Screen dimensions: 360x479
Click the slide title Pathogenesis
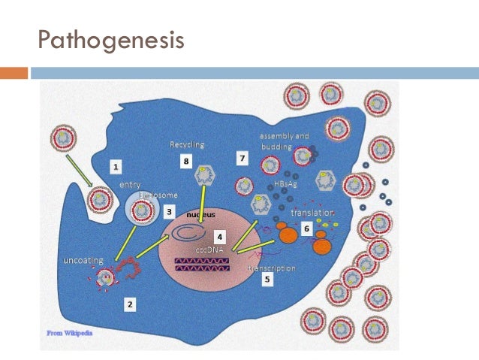pyautogui.click(x=111, y=38)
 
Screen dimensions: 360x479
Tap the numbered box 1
pyautogui.click(x=116, y=164)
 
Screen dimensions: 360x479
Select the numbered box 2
pyautogui.click(x=130, y=304)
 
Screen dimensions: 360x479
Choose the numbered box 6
pyautogui.click(x=306, y=226)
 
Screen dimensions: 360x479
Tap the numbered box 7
pyautogui.click(x=242, y=159)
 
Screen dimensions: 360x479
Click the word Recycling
pyautogui.click(x=186, y=144)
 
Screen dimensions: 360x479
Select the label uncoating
pyautogui.click(x=79, y=260)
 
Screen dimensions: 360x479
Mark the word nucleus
pyautogui.click(x=200, y=214)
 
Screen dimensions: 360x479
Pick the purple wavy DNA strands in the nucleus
pyautogui.click(x=202, y=262)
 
